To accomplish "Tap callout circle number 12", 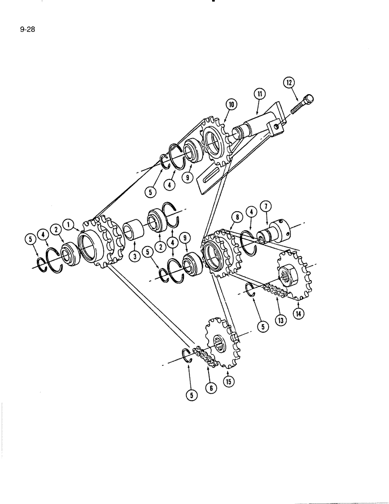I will [x=288, y=83].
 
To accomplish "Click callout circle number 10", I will [x=231, y=105].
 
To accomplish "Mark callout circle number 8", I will [x=235, y=218].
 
